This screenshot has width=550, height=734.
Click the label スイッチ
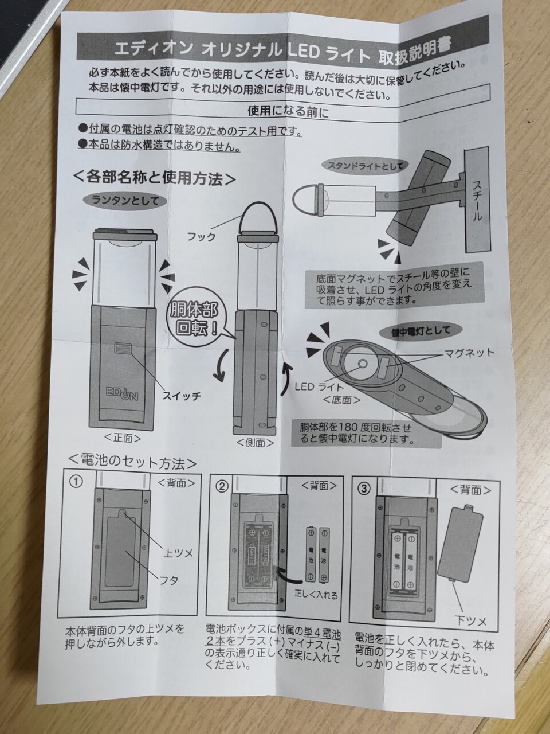(x=182, y=396)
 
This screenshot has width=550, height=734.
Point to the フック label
(x=201, y=237)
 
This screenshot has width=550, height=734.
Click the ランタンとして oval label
(x=125, y=201)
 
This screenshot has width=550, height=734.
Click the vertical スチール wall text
(x=478, y=200)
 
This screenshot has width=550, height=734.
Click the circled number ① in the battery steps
(x=76, y=482)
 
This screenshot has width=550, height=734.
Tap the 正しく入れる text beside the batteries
(x=316, y=595)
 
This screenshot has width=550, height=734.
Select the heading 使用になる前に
(x=288, y=111)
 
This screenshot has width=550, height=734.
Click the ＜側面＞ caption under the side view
(x=255, y=443)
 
